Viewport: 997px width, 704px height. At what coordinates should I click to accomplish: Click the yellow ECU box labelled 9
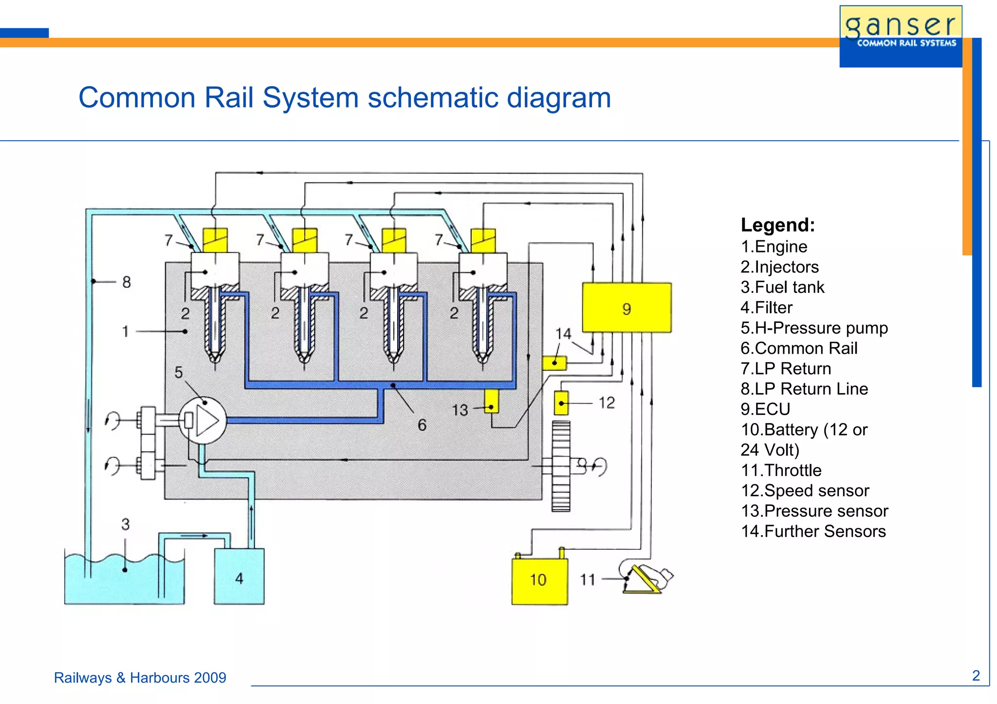[x=627, y=308]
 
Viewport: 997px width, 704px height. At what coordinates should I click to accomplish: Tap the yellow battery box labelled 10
[x=539, y=580]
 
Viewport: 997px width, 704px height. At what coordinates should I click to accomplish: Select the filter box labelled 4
[x=239, y=577]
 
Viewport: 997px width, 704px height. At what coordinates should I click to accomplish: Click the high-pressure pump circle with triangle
[x=203, y=421]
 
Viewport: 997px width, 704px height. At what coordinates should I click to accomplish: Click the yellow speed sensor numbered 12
[x=561, y=403]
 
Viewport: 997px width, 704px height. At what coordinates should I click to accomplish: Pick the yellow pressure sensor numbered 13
[x=491, y=401]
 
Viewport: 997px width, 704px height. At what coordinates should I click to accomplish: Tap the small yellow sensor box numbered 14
[x=554, y=363]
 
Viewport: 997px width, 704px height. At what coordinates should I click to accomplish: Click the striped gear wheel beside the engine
[x=561, y=466]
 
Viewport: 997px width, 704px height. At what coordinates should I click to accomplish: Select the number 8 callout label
[x=127, y=282]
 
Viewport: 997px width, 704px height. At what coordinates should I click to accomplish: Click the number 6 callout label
[x=422, y=425]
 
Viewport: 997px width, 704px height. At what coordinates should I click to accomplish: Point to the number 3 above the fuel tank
[x=126, y=524]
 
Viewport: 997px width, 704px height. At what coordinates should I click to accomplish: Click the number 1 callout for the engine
[x=125, y=331]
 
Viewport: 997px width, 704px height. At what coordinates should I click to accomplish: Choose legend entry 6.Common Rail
[x=798, y=348]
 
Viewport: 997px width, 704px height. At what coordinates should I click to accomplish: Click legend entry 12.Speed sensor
[x=805, y=490]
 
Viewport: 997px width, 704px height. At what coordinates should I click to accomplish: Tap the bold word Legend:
[x=777, y=225]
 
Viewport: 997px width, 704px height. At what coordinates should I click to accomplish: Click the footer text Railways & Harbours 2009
[x=140, y=678]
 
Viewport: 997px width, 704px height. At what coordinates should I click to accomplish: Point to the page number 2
[x=976, y=676]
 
